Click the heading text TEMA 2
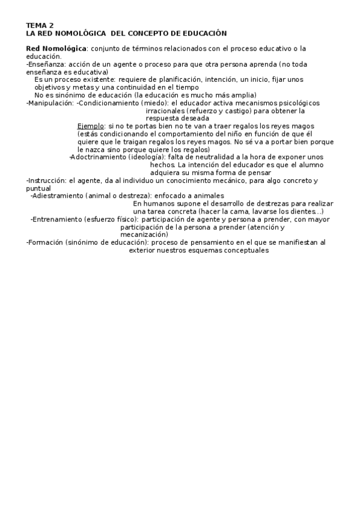pos(40,26)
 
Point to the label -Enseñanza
pos(46,64)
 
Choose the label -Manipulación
pos(50,103)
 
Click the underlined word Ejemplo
pos(91,126)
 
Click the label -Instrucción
pos(46,180)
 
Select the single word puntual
pos(38,188)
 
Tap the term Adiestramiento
pos(57,195)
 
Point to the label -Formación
pos(44,242)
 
